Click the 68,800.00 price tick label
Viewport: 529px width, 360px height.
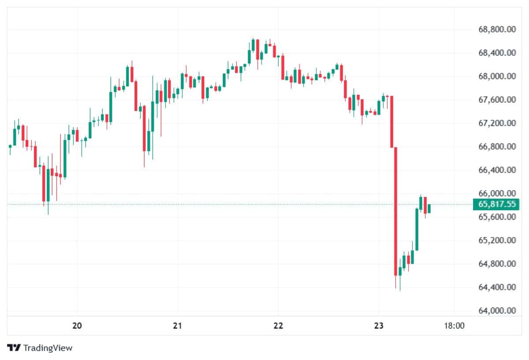pyautogui.click(x=497, y=30)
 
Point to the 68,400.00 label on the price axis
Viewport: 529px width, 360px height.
pyautogui.click(x=497, y=53)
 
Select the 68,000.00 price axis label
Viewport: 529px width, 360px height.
pyautogui.click(x=497, y=77)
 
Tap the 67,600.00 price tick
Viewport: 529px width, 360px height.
pyautogui.click(x=497, y=100)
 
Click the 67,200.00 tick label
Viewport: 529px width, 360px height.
pyautogui.click(x=497, y=123)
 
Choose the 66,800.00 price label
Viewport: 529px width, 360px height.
pyautogui.click(x=497, y=147)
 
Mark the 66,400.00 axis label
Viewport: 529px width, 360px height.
pyautogui.click(x=497, y=170)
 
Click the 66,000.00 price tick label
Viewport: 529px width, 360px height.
pyautogui.click(x=497, y=193)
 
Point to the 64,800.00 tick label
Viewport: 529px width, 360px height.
pyautogui.click(x=497, y=264)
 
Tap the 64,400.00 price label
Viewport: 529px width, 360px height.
pyautogui.click(x=497, y=287)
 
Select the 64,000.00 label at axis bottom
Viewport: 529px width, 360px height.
pyautogui.click(x=497, y=311)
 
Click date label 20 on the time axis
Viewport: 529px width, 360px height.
pyautogui.click(x=77, y=326)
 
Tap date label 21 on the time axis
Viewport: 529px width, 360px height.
pyautogui.click(x=177, y=326)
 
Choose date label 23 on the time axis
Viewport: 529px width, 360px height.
pyautogui.click(x=379, y=326)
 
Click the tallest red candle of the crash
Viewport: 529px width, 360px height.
pyautogui.click(x=396, y=212)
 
